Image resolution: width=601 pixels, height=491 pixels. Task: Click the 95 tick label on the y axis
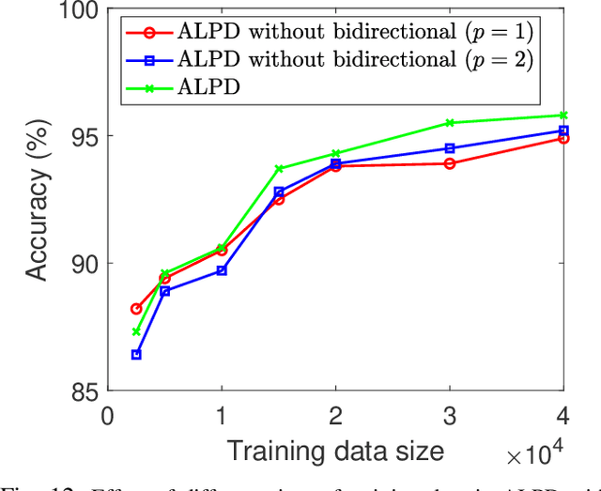click(85, 136)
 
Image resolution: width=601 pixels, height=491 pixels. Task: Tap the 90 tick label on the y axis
click(85, 263)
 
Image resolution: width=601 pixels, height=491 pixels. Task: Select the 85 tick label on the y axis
click(85, 390)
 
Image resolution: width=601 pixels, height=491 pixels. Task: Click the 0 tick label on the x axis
click(108, 414)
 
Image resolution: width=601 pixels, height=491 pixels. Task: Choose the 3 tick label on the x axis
click(450, 414)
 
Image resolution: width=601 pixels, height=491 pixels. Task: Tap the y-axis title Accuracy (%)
click(36, 202)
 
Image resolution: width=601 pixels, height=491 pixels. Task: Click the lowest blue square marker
click(136, 355)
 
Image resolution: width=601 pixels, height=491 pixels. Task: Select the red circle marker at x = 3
click(450, 163)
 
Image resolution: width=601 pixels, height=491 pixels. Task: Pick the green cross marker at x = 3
click(450, 123)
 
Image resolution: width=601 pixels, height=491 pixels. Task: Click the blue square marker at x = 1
click(222, 270)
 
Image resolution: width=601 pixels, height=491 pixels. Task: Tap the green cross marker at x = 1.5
click(279, 169)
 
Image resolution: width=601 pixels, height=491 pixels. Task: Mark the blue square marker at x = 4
click(563, 130)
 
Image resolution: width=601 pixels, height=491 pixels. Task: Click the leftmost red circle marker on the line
click(136, 309)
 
